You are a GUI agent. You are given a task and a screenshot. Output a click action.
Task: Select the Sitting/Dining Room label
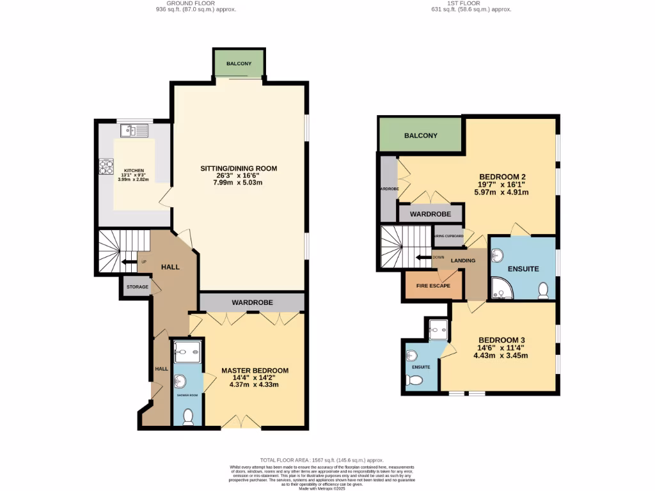239,169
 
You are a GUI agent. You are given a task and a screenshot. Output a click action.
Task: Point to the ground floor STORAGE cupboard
136,287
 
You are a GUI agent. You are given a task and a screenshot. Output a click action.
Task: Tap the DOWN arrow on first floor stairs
422,258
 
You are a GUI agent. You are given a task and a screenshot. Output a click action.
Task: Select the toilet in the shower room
188,417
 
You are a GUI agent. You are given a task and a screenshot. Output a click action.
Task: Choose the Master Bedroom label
255,371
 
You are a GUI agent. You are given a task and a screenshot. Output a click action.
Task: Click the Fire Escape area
434,286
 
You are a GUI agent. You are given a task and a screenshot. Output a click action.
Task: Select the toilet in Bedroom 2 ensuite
544,290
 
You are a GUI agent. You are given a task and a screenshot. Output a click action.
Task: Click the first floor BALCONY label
420,136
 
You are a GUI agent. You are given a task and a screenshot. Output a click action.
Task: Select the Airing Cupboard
448,236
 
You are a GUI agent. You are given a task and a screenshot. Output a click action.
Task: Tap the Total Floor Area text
322,460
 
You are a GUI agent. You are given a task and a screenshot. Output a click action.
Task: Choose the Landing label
463,261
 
